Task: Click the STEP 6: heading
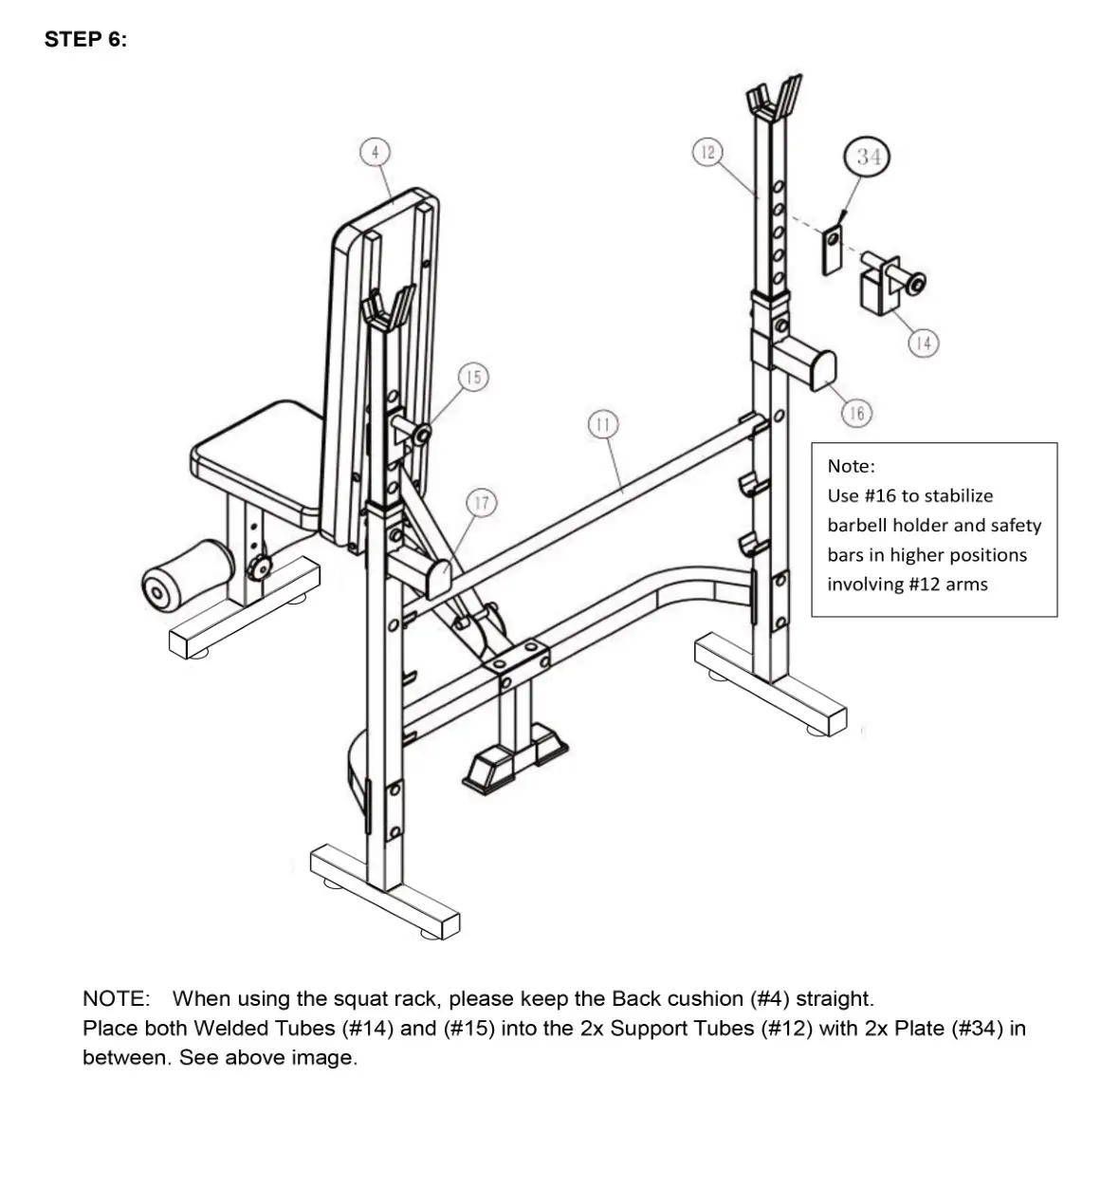point(85,39)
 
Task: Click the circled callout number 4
point(375,152)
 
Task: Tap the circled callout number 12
point(706,152)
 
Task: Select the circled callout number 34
point(868,157)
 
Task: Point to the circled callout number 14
point(923,343)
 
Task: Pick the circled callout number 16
point(856,413)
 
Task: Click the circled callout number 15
point(473,377)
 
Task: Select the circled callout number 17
point(481,502)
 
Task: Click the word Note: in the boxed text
point(851,466)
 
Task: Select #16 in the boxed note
point(880,495)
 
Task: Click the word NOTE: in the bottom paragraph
point(116,998)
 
